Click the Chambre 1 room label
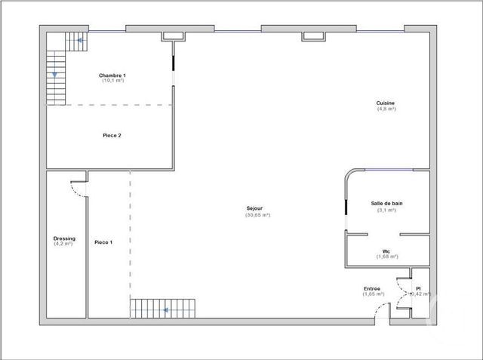pos(112,75)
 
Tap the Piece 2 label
pos(112,136)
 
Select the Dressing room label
pos(63,238)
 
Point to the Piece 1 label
pos(103,242)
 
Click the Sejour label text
pos(257,209)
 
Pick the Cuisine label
pos(386,103)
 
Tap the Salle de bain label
pos(386,204)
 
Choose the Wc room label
pos(386,251)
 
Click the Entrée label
pos(373,288)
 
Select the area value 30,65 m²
pos(257,215)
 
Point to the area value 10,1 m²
pos(112,81)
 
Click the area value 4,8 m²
pos(386,109)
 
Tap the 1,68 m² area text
pos(386,257)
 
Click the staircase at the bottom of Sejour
pos(163,309)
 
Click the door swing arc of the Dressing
pos(76,190)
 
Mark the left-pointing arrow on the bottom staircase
pos(162,309)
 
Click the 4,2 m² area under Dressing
pos(63,244)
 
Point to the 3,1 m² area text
pos(386,210)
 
